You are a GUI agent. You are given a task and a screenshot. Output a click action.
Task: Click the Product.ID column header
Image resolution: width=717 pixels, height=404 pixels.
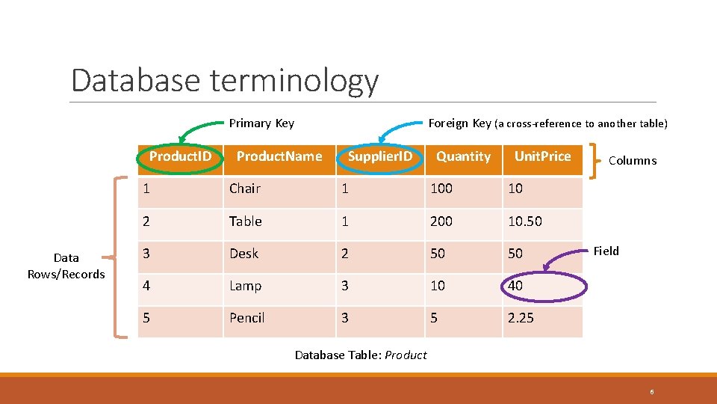coord(180,156)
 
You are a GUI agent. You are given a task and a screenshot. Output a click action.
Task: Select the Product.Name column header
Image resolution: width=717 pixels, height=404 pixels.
coord(279,156)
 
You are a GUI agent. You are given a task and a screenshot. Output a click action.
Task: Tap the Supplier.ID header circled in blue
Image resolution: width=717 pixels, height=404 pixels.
coord(380,156)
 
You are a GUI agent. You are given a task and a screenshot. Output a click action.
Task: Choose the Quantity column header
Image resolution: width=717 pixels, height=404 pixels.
coord(463,156)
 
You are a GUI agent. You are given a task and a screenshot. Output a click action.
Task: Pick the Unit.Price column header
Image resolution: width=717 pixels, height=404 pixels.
coord(542,156)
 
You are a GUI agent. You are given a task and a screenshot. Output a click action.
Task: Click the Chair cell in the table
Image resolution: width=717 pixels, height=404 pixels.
coord(245,189)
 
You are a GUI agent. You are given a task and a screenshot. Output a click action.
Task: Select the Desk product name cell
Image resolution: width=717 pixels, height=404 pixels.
coord(244,254)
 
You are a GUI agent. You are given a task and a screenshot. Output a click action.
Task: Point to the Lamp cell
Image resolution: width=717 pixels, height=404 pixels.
coord(246,286)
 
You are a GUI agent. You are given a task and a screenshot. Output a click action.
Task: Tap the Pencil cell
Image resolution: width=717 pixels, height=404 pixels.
coord(247,318)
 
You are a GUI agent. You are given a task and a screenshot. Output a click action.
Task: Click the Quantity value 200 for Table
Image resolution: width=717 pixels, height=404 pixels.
coord(441,221)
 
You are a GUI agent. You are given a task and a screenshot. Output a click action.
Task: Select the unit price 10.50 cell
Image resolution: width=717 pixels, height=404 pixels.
coord(525,221)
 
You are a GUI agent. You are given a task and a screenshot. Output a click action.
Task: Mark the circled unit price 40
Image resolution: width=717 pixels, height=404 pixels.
coord(515,286)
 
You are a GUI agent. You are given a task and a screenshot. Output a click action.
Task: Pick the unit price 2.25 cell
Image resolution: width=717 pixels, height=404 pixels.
coord(521,318)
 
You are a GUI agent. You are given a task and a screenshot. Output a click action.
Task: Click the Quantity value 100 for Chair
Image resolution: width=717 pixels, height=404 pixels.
coord(441,189)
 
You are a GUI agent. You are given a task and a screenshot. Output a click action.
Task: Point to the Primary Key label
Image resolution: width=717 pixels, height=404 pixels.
coord(261,123)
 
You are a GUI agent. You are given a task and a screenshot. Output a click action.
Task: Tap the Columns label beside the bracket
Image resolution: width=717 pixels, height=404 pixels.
coord(633,160)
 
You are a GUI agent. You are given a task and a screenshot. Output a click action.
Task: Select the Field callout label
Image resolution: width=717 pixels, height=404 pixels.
coord(606,251)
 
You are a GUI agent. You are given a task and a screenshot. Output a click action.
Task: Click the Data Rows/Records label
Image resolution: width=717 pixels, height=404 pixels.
coord(66,266)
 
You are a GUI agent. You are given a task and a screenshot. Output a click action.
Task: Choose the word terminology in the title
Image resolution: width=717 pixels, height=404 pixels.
coord(294,81)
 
